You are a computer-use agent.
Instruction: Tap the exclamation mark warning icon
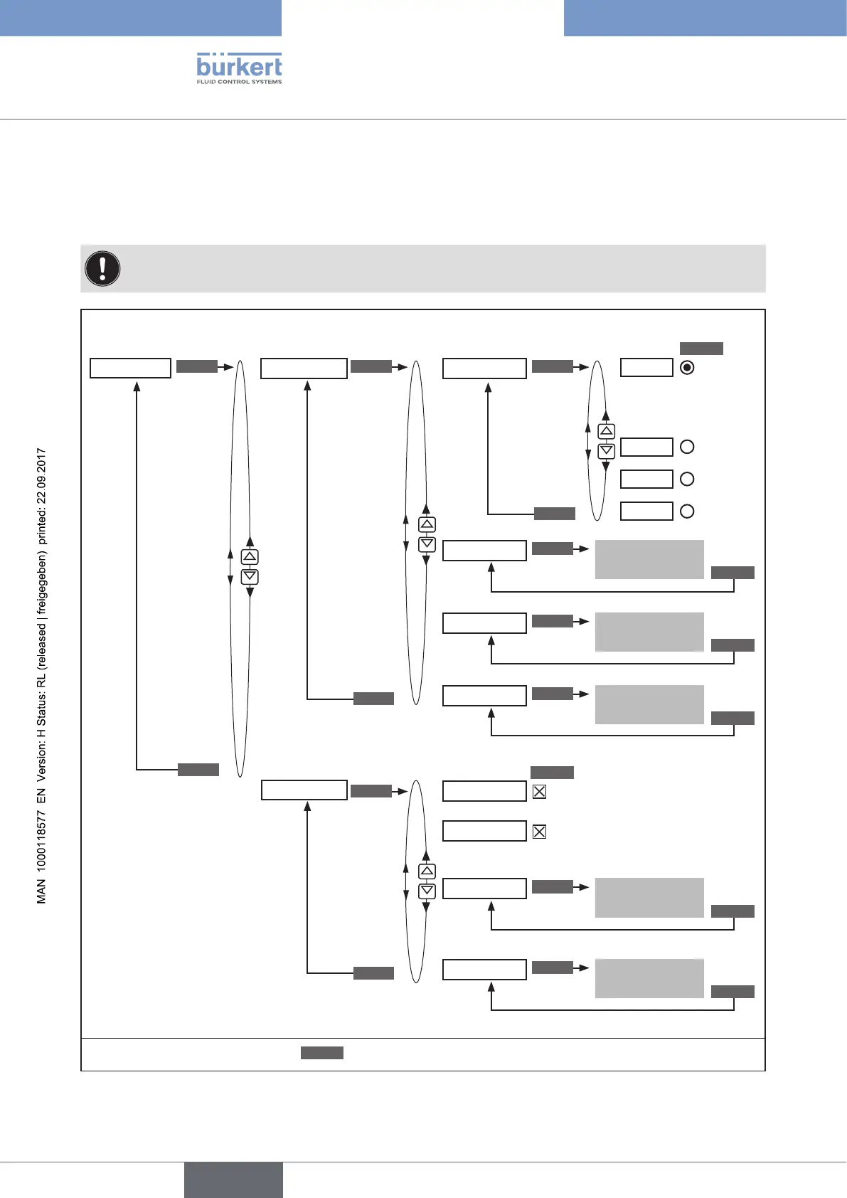tap(102, 269)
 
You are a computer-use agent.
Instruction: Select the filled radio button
tap(687, 368)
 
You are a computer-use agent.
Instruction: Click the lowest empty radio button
tap(687, 511)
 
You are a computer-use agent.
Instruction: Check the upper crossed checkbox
tap(539, 791)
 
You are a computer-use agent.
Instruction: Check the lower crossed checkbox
tap(539, 831)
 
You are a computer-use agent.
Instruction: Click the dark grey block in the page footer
tap(233, 1180)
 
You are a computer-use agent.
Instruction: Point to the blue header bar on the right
tap(705, 18)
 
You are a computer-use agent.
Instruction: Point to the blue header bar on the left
tap(141, 18)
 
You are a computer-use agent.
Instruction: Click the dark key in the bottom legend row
tap(321, 1053)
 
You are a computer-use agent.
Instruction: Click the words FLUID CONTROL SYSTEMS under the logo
tap(239, 82)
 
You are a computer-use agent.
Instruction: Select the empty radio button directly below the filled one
tap(687, 447)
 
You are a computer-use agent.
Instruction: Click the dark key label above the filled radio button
tap(701, 349)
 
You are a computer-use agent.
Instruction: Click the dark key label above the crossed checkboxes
tap(552, 773)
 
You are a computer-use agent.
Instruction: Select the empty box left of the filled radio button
tap(646, 368)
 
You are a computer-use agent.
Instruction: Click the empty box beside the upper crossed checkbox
tap(484, 791)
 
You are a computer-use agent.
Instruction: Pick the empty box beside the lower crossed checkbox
tap(484, 831)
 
